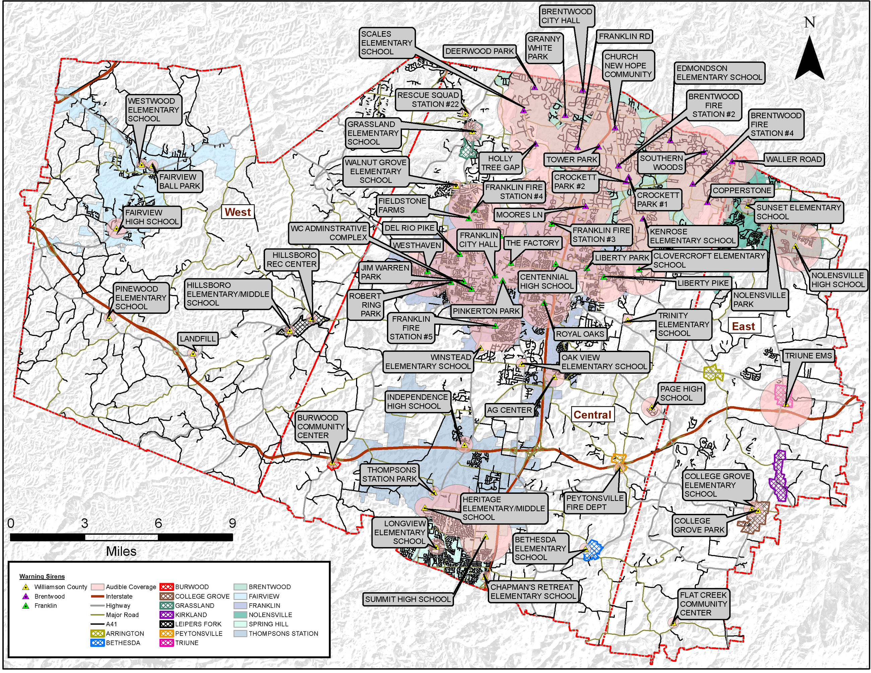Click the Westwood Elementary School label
153,110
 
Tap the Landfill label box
197,339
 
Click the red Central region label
592,415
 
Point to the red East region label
743,327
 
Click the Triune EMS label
808,356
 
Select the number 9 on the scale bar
232,523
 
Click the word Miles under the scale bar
121,551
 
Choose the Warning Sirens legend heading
42,577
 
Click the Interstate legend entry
119,596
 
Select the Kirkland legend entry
191,615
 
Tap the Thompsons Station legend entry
283,633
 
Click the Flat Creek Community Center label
703,604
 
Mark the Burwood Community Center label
321,426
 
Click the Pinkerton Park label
486,311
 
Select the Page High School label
681,393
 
